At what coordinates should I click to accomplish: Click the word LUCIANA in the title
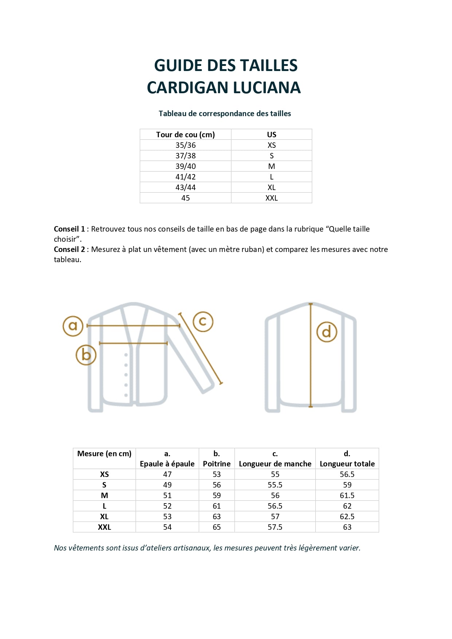click(x=267, y=88)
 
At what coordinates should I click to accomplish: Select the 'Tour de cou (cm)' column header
click(x=185, y=135)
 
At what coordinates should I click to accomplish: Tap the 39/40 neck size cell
click(x=185, y=166)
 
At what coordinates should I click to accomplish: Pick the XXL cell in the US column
click(x=271, y=198)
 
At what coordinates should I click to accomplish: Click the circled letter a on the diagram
click(x=73, y=326)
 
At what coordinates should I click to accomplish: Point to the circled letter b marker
click(x=86, y=355)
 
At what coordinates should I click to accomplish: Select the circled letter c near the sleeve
click(x=203, y=322)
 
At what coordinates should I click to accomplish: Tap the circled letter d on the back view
click(x=327, y=332)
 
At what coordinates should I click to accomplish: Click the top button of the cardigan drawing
click(x=126, y=355)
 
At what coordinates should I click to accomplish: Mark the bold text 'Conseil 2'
click(x=69, y=249)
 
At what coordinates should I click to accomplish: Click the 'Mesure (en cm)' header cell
click(x=104, y=454)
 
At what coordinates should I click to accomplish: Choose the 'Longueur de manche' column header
click(x=275, y=464)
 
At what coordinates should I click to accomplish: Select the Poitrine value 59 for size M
click(x=217, y=496)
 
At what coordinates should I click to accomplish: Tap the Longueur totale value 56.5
click(x=347, y=474)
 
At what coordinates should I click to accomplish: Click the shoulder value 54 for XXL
click(x=167, y=527)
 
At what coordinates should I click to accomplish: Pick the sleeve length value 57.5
click(x=275, y=527)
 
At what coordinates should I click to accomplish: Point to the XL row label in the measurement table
click(x=104, y=517)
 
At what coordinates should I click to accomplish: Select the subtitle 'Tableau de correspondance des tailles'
click(x=225, y=114)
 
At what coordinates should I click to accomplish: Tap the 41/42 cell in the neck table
click(x=185, y=177)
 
